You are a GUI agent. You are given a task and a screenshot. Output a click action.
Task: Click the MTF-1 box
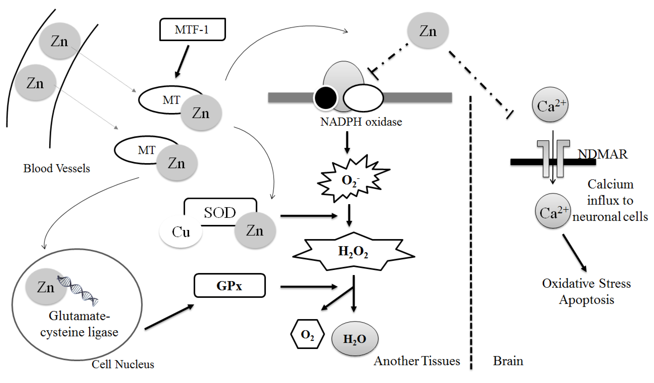click(192, 29)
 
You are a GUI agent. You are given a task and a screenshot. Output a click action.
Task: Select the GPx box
click(229, 286)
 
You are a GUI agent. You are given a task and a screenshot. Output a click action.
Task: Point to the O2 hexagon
click(307, 334)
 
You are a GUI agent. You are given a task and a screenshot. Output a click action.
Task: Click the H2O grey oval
click(355, 339)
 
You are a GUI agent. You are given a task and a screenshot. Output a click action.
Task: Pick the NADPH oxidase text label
click(361, 122)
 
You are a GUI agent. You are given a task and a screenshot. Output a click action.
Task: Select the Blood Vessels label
click(57, 168)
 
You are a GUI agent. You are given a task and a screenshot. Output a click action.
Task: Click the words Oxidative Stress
click(586, 283)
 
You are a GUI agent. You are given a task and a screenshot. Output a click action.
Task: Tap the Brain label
click(508, 361)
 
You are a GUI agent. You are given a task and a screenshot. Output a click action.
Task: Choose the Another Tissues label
click(417, 361)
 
